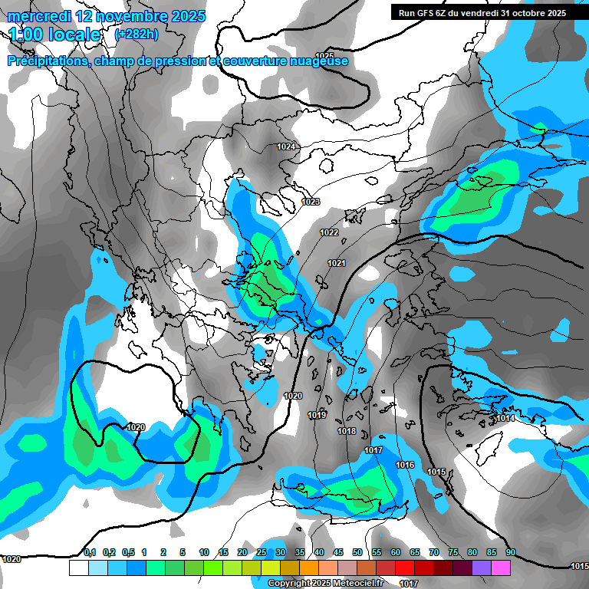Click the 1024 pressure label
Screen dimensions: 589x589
point(286,146)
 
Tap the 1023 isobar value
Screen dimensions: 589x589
point(311,202)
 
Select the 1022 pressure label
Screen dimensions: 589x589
point(329,232)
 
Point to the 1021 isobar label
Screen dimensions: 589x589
point(336,263)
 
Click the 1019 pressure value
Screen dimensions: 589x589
point(317,415)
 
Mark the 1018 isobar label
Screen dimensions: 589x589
point(347,431)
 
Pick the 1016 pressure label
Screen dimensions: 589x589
point(405,466)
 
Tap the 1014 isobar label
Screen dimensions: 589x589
point(505,418)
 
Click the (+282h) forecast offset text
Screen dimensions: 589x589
point(137,35)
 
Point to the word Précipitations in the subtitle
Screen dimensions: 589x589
point(47,61)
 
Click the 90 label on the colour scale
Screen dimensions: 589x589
point(511,553)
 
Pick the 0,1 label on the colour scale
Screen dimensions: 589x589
point(90,553)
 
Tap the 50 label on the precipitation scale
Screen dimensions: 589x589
point(357,553)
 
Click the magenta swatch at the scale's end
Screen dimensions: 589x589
point(501,568)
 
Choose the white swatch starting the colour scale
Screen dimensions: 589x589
point(78,568)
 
